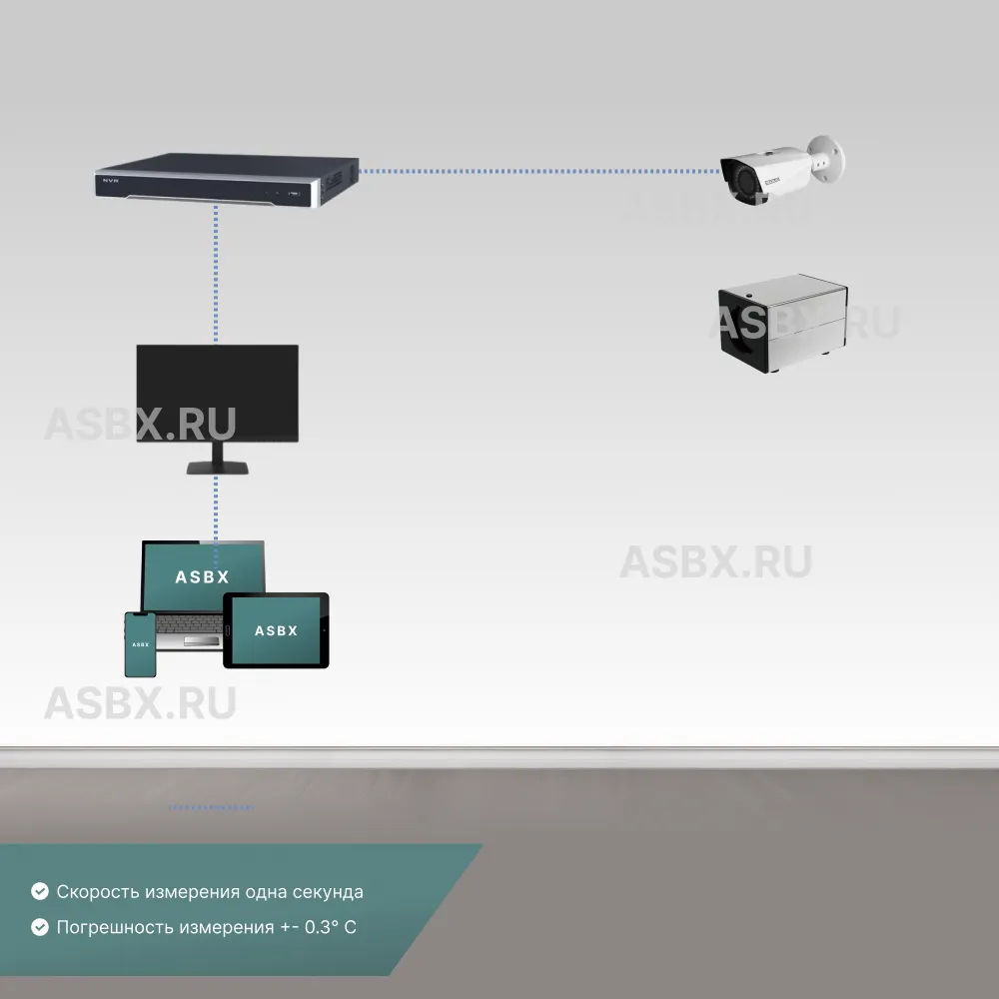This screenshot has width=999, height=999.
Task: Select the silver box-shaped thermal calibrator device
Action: [783, 324]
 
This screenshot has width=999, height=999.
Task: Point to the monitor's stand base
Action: [218, 470]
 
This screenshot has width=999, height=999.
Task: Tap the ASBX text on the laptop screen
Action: [202, 576]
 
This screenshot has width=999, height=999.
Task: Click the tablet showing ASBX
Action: [276, 630]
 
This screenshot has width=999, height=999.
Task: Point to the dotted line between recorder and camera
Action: [539, 171]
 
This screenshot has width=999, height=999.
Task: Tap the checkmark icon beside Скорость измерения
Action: [40, 891]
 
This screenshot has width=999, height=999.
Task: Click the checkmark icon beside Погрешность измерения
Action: [40, 927]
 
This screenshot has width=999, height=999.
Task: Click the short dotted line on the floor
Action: [211, 806]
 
